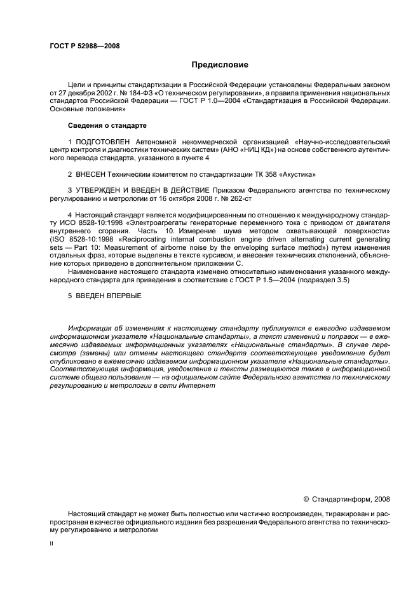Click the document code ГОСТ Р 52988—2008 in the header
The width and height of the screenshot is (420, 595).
[x=84, y=46]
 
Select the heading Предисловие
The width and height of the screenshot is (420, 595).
[x=220, y=65]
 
